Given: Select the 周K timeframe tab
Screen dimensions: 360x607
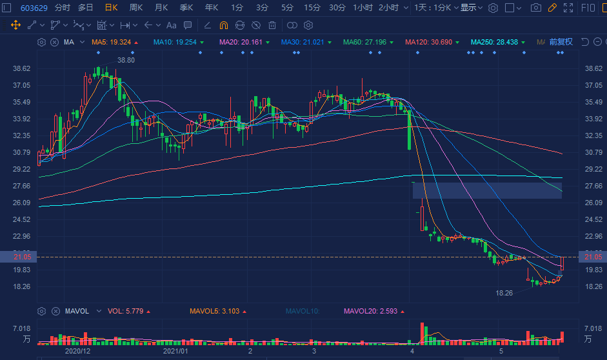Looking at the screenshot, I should click(135, 8).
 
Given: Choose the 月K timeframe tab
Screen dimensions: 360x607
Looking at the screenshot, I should click(161, 8).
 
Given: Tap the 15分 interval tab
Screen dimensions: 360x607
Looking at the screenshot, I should click(312, 8).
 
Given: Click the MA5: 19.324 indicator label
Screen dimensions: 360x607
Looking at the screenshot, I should click(111, 42).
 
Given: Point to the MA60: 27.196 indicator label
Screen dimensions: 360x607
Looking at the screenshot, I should click(364, 42).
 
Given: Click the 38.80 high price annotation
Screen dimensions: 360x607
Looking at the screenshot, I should click(126, 60).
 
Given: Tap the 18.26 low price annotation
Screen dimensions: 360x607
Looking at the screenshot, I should click(504, 293).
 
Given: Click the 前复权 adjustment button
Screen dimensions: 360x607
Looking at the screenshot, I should click(561, 42).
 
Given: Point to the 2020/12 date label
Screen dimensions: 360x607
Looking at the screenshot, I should click(79, 352).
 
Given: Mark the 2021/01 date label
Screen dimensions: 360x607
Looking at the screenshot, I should click(175, 352).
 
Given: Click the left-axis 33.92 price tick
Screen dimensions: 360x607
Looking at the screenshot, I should click(22, 119).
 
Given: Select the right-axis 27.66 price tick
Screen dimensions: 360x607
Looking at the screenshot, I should click(592, 186).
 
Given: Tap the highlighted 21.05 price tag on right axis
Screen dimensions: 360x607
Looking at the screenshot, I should click(592, 257).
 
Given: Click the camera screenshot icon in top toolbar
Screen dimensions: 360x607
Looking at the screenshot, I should click(535, 8).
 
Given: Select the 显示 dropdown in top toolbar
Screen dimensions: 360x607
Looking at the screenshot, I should click(470, 8).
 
